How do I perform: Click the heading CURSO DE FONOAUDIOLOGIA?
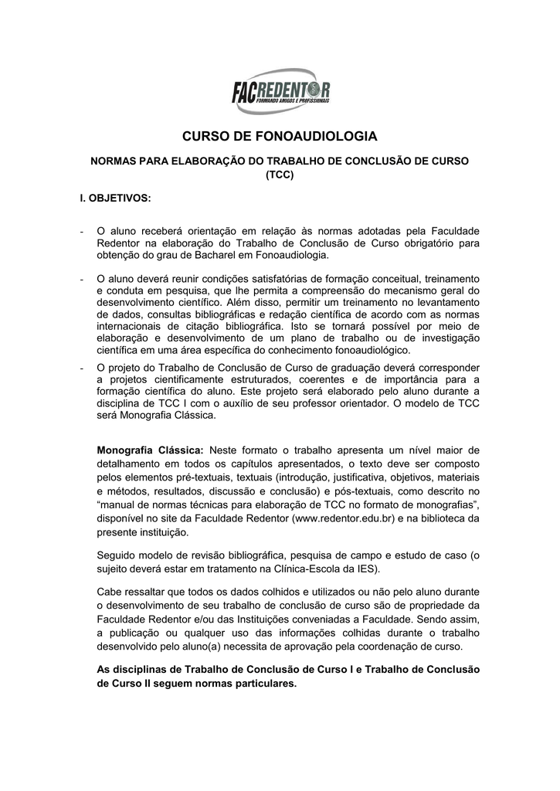pyautogui.click(x=280, y=137)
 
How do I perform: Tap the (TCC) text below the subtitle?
pyautogui.click(x=280, y=175)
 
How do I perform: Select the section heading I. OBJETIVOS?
pyautogui.click(x=116, y=199)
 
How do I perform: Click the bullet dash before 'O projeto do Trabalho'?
pyautogui.click(x=82, y=367)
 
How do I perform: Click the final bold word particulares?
pyautogui.click(x=260, y=684)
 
